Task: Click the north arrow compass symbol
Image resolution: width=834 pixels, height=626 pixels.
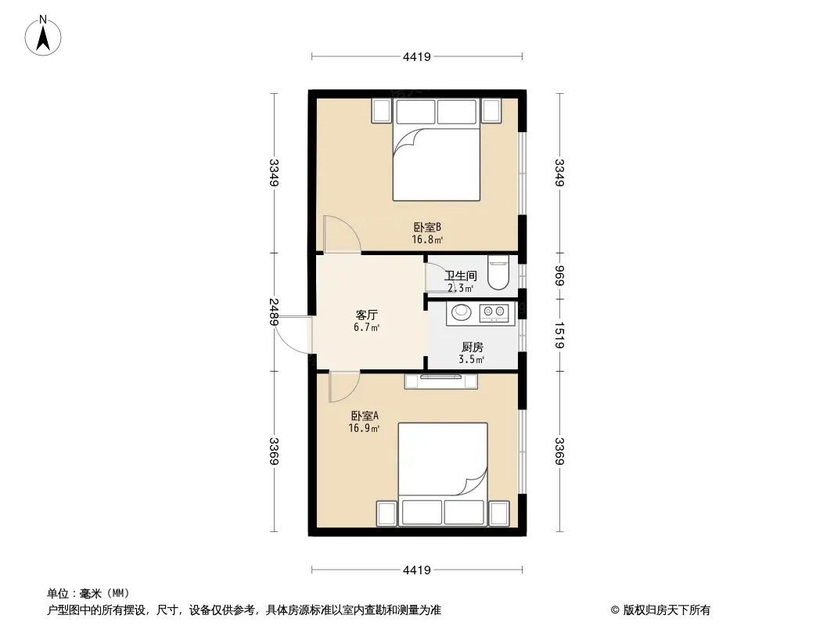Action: coord(43,36)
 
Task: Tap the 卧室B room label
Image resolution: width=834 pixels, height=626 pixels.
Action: coord(427,228)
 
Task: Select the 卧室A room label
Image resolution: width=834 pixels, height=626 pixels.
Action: coord(365,416)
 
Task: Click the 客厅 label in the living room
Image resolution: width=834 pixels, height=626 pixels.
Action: coord(366,315)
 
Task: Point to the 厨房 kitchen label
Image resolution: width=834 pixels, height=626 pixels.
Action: coord(472,347)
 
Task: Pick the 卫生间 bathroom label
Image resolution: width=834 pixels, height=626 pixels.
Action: coord(461,276)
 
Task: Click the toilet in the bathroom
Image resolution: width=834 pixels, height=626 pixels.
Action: coord(498,272)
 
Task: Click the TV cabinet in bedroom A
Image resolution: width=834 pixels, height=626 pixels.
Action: coord(441,381)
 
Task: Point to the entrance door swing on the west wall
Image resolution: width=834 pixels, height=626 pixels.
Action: coord(292,335)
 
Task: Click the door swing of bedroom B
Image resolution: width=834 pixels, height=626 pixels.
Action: coord(342,233)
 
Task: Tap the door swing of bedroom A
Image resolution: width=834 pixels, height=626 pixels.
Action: coord(343,387)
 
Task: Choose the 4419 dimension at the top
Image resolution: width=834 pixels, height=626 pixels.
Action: coord(416,56)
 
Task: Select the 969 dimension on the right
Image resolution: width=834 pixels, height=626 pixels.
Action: coord(559,275)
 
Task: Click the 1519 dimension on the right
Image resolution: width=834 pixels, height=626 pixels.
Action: coord(559,335)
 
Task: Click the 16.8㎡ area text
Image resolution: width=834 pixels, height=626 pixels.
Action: coord(427,240)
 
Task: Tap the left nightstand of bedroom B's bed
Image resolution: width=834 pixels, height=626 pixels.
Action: coord(382,111)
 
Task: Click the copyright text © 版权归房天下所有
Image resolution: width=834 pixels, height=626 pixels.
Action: coord(660,610)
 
